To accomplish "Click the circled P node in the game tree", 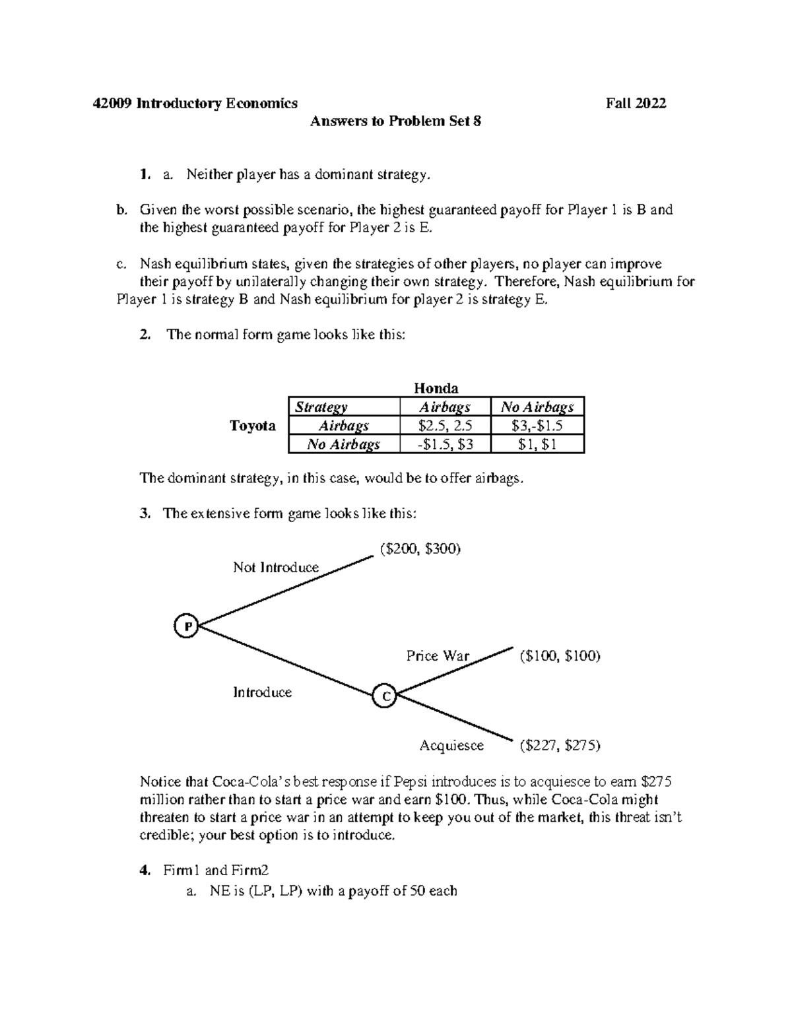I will [x=187, y=626].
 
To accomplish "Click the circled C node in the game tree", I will [x=384, y=696].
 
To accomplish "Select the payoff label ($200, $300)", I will [x=419, y=548].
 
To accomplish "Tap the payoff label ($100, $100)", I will [x=559, y=656].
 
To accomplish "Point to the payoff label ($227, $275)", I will [x=559, y=745].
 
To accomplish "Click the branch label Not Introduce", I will [x=275, y=568].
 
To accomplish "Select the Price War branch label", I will [x=438, y=655].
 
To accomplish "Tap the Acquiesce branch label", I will [x=451, y=745].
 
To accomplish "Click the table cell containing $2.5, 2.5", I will [x=445, y=426].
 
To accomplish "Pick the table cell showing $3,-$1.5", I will [x=537, y=426].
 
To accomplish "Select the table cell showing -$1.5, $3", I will [x=445, y=444].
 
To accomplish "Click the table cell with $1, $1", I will [x=537, y=444].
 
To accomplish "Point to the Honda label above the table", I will [x=436, y=388].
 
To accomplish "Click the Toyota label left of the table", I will [x=253, y=426].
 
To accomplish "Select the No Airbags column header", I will [x=537, y=407].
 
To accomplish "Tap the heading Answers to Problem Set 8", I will [x=396, y=121].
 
